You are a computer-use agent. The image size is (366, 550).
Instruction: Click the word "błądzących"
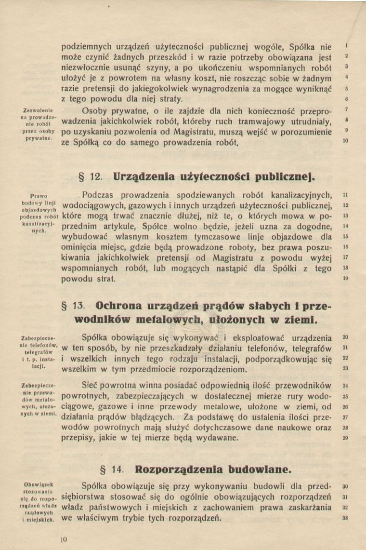pyautogui.click(x=170, y=417)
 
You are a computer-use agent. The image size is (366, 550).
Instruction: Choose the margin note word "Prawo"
pyautogui.click(x=38, y=196)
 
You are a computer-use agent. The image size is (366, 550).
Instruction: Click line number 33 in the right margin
pyautogui.click(x=345, y=518)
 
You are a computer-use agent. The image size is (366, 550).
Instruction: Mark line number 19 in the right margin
pyautogui.click(x=345, y=279)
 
